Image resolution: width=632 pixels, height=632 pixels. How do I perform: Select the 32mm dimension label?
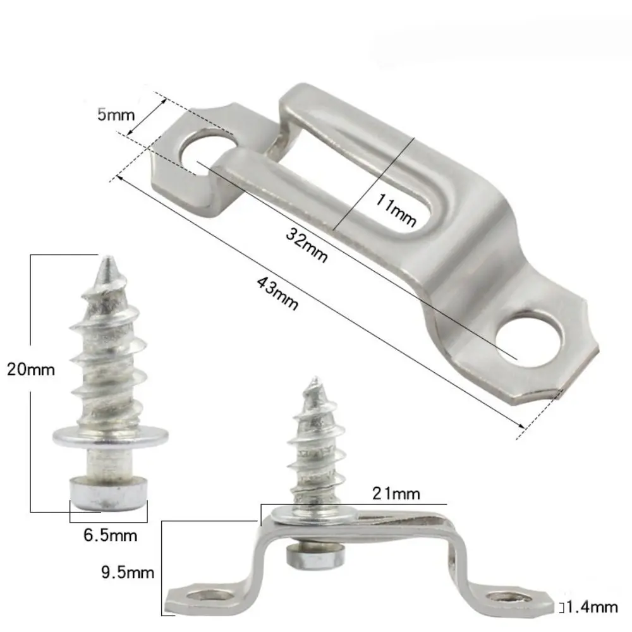pyautogui.click(x=307, y=246)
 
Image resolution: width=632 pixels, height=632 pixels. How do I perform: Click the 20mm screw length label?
pyautogui.click(x=31, y=368)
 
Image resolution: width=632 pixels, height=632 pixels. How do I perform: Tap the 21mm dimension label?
pyautogui.click(x=396, y=493)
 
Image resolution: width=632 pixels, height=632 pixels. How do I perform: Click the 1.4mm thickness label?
pyautogui.click(x=592, y=608)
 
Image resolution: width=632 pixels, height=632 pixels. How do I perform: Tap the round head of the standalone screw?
pyautogui.click(x=107, y=494)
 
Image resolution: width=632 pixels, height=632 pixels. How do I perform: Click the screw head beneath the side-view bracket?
pyautogui.click(x=316, y=556)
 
